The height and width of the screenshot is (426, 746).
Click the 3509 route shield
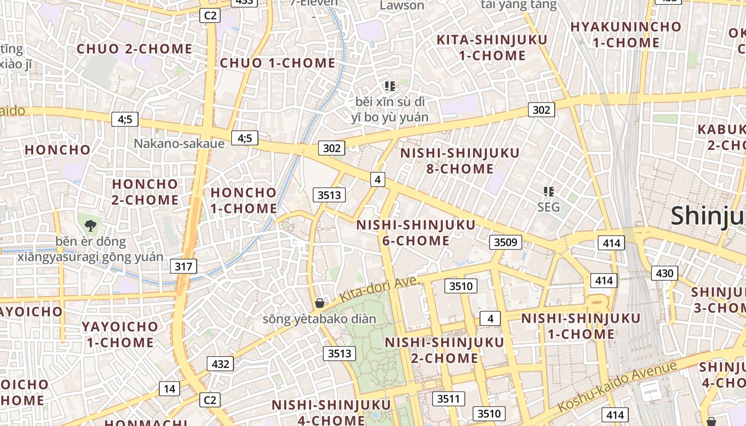pos(505,242)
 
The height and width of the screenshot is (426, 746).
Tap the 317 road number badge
pos(183,266)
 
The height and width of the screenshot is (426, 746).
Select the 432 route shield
pos(220,364)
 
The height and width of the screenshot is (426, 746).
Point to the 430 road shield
pos(664,273)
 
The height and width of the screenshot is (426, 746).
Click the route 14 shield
pos(169,389)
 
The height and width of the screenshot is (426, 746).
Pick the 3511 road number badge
pos(448,398)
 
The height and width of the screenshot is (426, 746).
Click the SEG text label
pos(548,207)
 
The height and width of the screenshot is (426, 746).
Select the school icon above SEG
pos(548,191)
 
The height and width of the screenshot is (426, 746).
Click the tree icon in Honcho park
pos(91,225)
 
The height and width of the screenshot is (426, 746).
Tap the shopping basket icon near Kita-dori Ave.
pos(320,303)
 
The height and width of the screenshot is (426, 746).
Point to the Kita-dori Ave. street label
pos(379,290)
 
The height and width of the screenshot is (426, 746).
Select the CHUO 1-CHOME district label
pos(278,63)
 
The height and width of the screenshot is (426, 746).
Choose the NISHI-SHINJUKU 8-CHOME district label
pos(460,161)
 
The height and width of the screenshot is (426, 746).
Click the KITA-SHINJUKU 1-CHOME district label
pos(492,47)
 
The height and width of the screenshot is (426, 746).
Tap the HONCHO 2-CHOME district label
pos(145,192)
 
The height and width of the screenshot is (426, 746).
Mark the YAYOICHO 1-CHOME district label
pos(120,334)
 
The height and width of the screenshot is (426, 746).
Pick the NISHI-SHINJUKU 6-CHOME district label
pos(416,233)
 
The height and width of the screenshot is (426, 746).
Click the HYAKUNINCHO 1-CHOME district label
pos(626,34)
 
